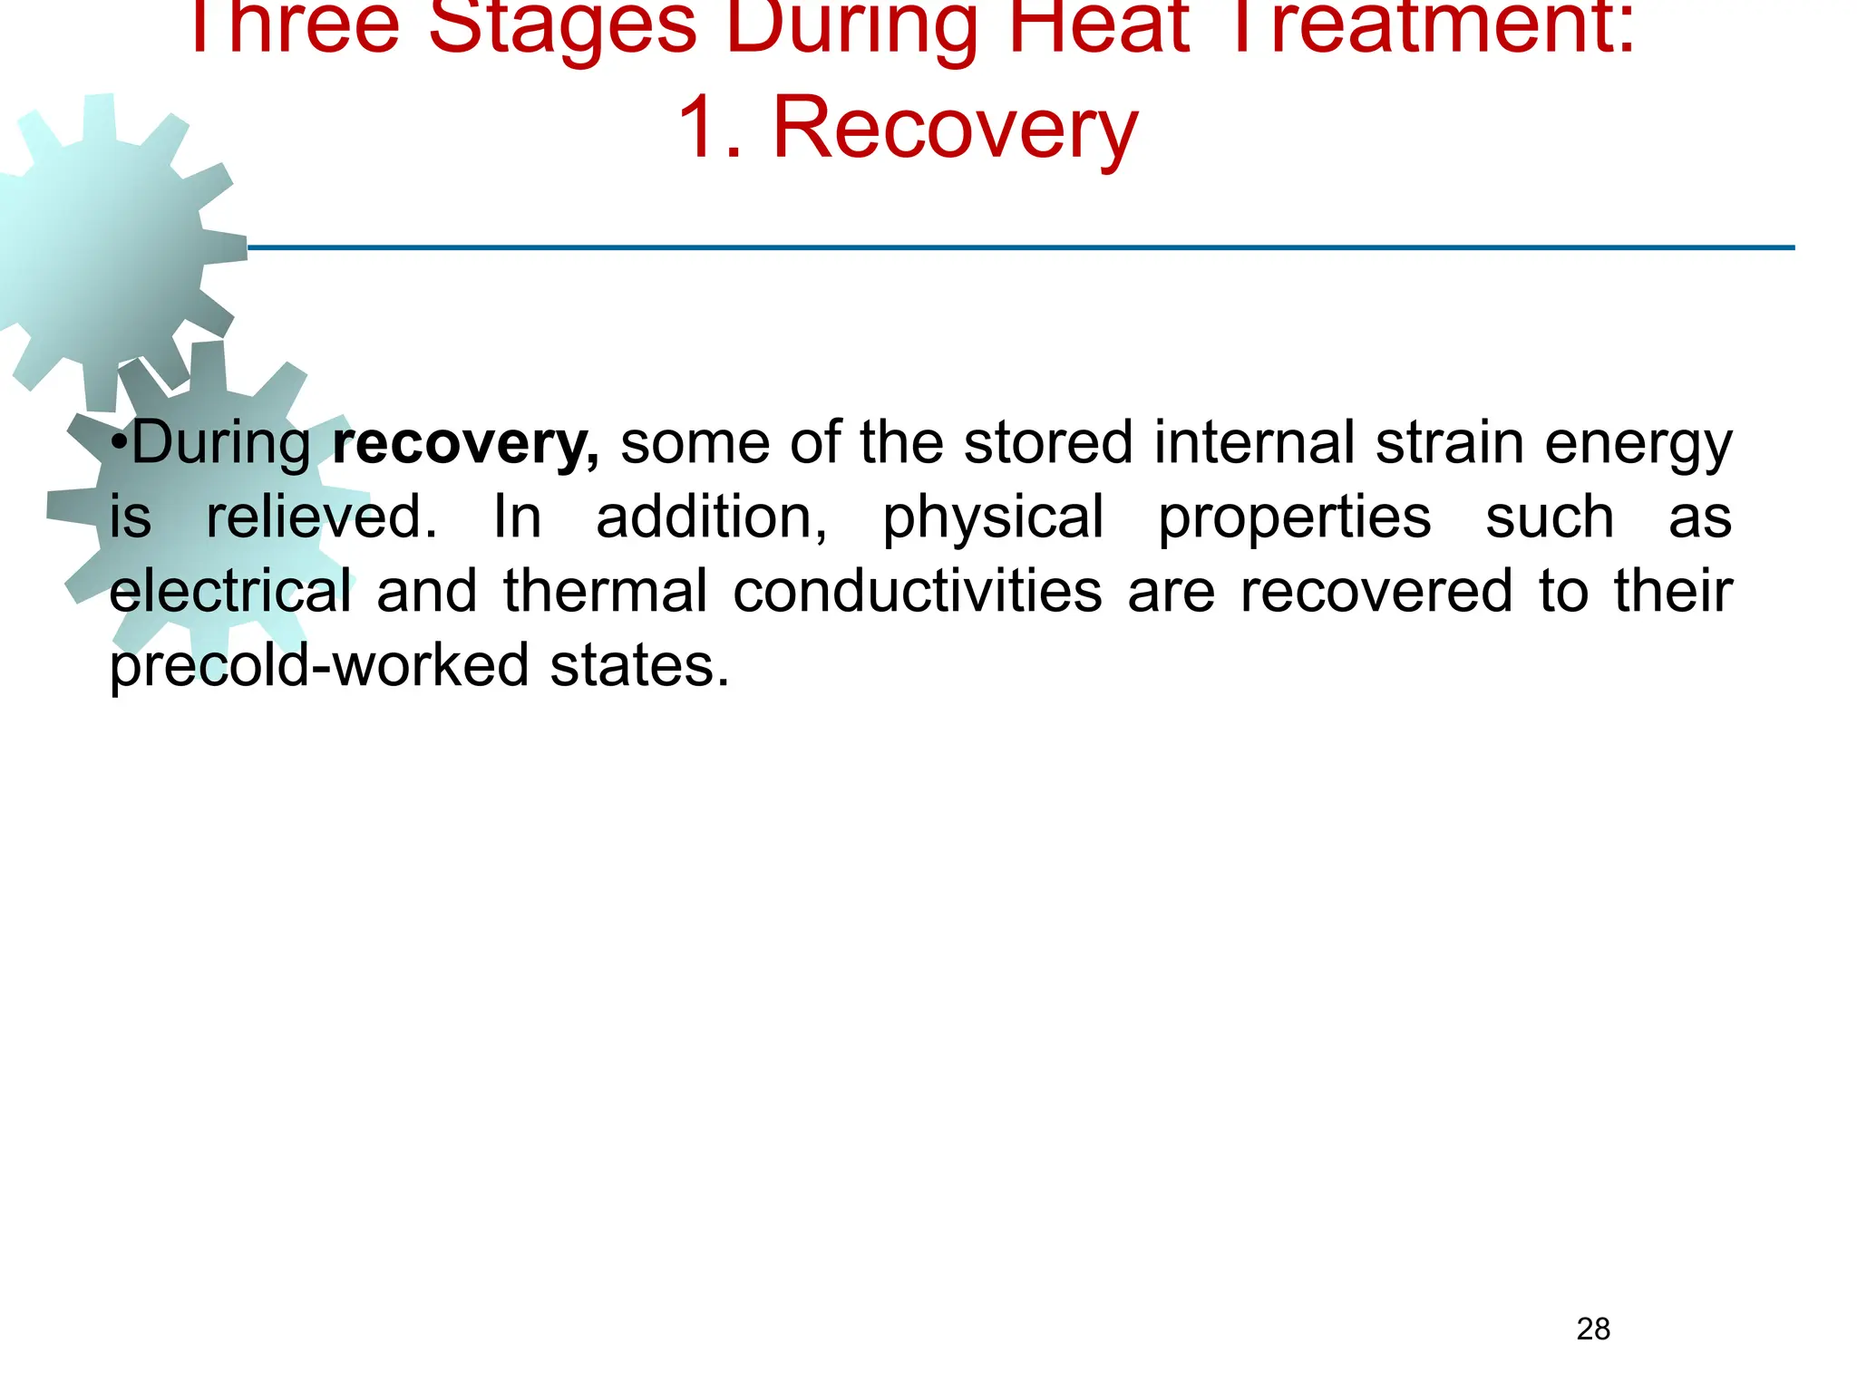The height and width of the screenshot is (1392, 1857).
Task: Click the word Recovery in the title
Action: pyautogui.click(x=955, y=130)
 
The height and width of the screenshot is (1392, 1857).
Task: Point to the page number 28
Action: pyautogui.click(x=1593, y=1329)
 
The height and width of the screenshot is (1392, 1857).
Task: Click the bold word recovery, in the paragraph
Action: pyautogui.click(x=465, y=444)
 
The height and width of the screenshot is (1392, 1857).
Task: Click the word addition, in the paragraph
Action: pyautogui.click(x=711, y=518)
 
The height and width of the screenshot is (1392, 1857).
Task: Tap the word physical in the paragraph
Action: pyautogui.click(x=993, y=518)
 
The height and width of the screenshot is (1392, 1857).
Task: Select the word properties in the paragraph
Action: pyautogui.click(x=1295, y=518)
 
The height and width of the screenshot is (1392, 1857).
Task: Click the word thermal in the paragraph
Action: pyautogui.click(x=605, y=591)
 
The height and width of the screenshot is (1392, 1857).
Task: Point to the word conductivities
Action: pyautogui.click(x=918, y=591)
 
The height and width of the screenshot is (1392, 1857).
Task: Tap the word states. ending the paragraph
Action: pyautogui.click(x=639, y=665)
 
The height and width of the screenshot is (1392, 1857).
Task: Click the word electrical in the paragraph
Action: pyautogui.click(x=230, y=591)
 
